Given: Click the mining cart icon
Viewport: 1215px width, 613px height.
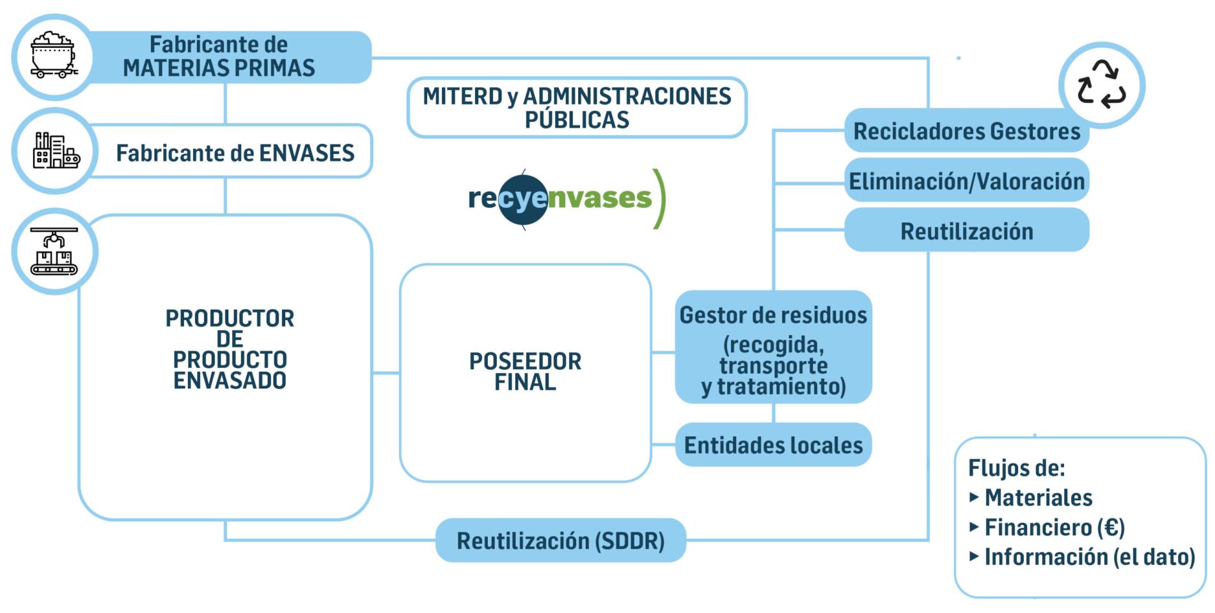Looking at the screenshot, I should click(54, 56).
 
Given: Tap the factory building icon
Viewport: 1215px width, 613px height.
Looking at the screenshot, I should click(56, 151).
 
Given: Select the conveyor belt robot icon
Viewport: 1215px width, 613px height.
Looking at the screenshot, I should click(54, 251).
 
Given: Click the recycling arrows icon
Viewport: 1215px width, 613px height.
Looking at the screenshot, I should click(1101, 84).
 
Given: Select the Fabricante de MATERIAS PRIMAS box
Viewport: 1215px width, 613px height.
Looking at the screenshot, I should click(219, 56).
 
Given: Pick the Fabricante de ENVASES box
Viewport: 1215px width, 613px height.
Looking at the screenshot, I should click(235, 153).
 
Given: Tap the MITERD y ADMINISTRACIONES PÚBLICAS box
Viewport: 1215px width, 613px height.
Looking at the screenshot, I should click(577, 107).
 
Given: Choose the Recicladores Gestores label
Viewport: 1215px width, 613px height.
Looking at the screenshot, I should click(966, 131).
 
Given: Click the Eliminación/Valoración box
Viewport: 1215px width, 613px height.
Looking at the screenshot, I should click(966, 181).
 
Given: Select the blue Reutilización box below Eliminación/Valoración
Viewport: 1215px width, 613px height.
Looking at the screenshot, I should click(966, 231).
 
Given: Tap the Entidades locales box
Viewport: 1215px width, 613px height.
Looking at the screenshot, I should click(773, 445).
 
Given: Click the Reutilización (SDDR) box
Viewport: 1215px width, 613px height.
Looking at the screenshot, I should click(560, 541).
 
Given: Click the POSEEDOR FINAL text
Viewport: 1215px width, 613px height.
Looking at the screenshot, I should click(525, 372).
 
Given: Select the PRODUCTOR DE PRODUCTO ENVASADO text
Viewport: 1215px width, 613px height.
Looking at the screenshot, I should click(230, 349).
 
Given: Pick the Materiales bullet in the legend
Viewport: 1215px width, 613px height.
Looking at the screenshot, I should click(1038, 497).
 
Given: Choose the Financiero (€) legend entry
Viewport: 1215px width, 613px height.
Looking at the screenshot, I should click(1054, 527).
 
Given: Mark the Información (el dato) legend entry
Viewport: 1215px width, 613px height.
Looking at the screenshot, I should click(1089, 557).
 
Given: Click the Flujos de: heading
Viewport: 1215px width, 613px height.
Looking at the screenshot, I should click(1016, 468).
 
